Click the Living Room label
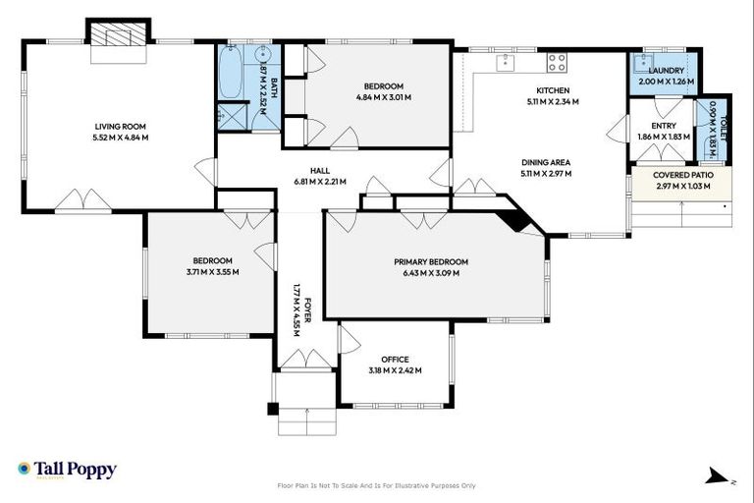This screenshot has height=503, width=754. [121, 126]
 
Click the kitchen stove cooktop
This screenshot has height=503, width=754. [557, 62]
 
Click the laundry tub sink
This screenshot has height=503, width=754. [643, 66]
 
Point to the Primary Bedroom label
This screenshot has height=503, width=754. [431, 261]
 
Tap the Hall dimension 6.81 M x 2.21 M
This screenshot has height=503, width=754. [313, 182]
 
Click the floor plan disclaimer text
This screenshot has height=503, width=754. [377, 485]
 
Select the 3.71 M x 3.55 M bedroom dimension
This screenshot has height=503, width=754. [213, 272]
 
